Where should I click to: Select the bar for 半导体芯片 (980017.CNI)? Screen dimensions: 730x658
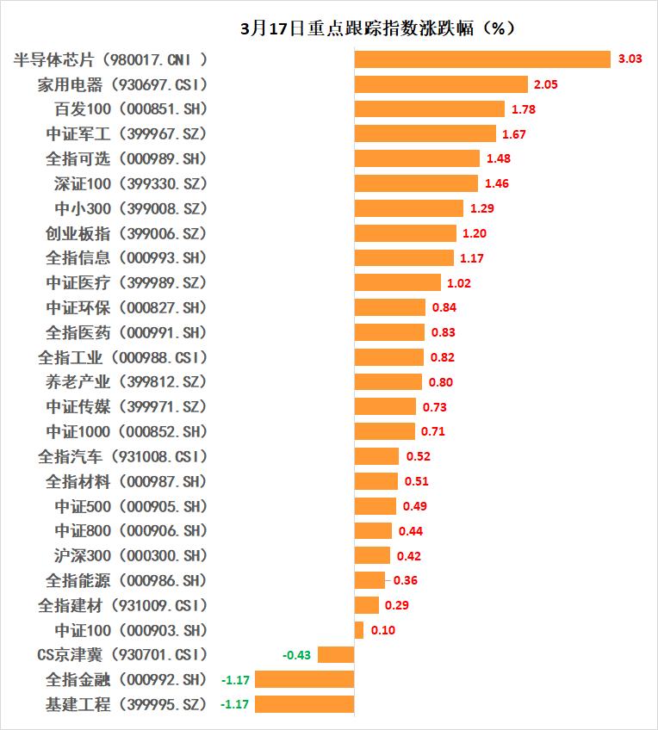click(x=482, y=59)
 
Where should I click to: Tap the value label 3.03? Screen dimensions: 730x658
click(x=630, y=59)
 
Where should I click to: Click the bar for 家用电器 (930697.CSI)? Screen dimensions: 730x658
click(x=441, y=84)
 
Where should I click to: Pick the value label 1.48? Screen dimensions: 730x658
click(x=499, y=158)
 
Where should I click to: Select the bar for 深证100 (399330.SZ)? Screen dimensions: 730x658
click(x=416, y=183)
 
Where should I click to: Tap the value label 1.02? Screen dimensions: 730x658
click(x=459, y=282)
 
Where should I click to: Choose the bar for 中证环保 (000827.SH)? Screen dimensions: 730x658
click(x=390, y=307)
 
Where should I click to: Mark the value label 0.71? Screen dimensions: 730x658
click(x=433, y=431)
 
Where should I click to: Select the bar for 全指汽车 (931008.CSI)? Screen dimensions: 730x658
click(x=376, y=456)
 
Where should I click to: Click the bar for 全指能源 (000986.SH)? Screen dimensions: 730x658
click(x=369, y=580)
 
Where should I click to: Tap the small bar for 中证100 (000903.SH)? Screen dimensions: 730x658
click(x=359, y=630)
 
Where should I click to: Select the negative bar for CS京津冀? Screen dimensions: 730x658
click(x=336, y=655)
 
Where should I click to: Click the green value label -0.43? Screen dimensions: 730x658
click(x=296, y=655)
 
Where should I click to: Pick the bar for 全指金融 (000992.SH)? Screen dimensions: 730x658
click(x=305, y=679)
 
